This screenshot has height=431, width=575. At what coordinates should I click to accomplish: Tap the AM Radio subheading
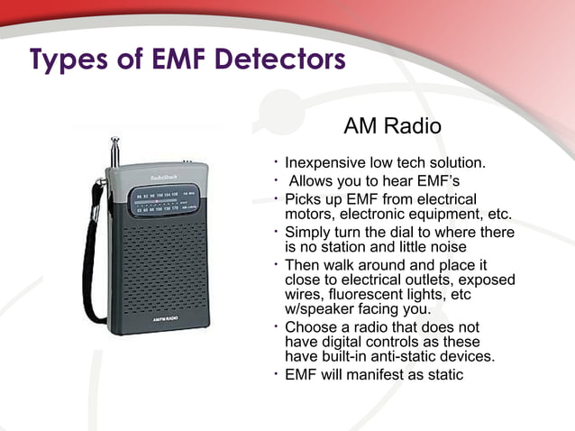coord(392,126)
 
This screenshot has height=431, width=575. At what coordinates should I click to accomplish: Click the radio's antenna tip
coord(114,141)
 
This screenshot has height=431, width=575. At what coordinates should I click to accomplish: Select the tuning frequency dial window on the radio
coord(162,203)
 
